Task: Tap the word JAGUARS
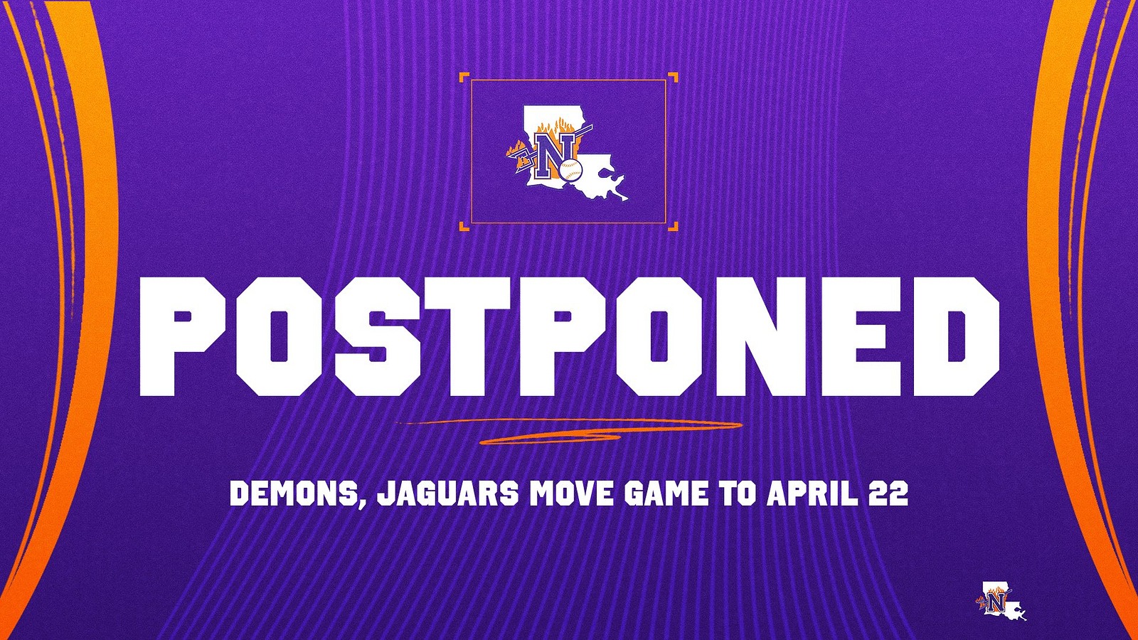tap(447, 493)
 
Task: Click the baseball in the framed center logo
tap(570, 169)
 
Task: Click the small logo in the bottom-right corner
tap(1001, 602)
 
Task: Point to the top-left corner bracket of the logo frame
tap(464, 77)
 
